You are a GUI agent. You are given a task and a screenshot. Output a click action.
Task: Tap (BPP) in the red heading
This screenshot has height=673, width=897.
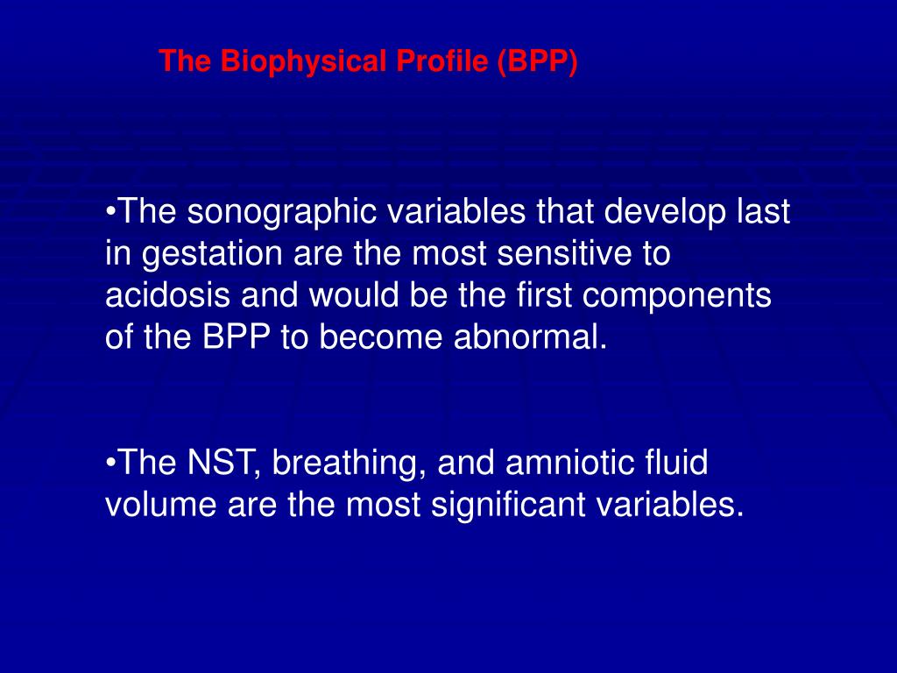click(539, 62)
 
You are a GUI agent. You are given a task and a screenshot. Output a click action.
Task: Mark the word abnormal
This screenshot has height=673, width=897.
click(531, 338)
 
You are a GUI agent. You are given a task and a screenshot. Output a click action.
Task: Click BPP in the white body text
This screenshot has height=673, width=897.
click(240, 338)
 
